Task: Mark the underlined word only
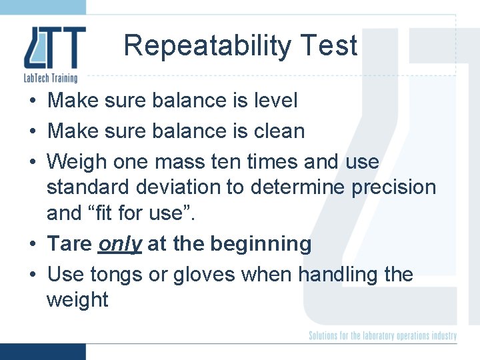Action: click(120, 245)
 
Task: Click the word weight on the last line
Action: click(77, 301)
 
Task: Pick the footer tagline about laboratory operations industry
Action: click(383, 335)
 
